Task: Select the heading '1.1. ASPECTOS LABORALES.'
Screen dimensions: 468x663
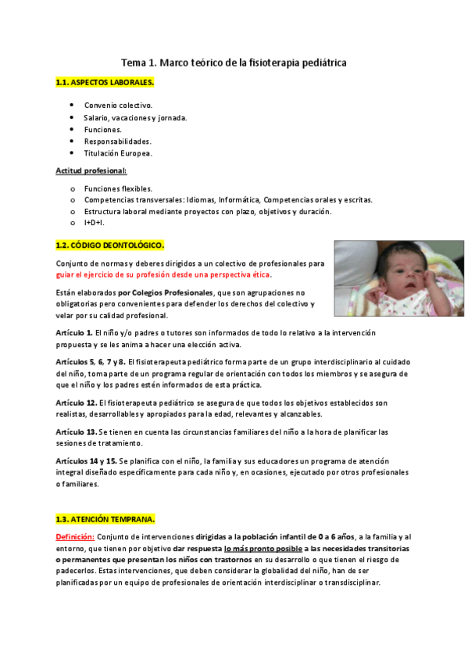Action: [105, 82]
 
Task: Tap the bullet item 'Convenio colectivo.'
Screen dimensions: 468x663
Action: [118, 106]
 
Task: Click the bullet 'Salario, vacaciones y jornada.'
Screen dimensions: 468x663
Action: [135, 117]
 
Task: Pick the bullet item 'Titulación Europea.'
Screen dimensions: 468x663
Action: [118, 153]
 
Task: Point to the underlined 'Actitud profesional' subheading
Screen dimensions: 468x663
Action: [91, 170]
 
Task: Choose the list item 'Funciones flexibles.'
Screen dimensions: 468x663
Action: [118, 188]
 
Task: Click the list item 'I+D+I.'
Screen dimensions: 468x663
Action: [94, 223]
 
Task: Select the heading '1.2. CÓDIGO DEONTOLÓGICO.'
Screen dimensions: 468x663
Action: [109, 245]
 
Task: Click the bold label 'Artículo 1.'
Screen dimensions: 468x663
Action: [75, 333]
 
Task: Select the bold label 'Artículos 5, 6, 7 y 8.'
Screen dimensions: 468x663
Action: [91, 362]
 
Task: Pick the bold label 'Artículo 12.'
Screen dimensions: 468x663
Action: [77, 403]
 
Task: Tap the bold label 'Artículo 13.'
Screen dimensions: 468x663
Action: [77, 432]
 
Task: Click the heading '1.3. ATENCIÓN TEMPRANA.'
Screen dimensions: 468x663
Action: [105, 519]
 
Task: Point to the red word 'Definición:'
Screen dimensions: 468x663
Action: [75, 537]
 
